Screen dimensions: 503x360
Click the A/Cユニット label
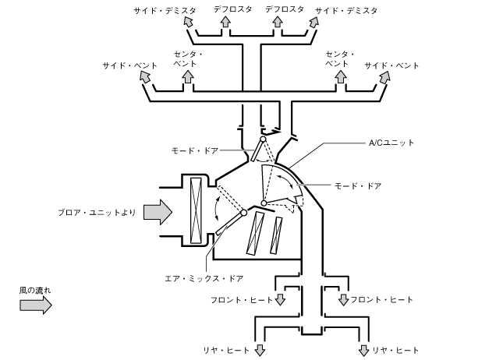392,143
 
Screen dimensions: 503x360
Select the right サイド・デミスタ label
346,11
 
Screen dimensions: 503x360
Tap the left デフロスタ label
232,10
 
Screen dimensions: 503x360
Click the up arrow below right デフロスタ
278,23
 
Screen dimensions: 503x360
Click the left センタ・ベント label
188,58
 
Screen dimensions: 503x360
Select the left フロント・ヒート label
241,299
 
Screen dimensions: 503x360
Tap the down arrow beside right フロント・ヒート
344,298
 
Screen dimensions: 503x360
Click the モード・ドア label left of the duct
195,148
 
